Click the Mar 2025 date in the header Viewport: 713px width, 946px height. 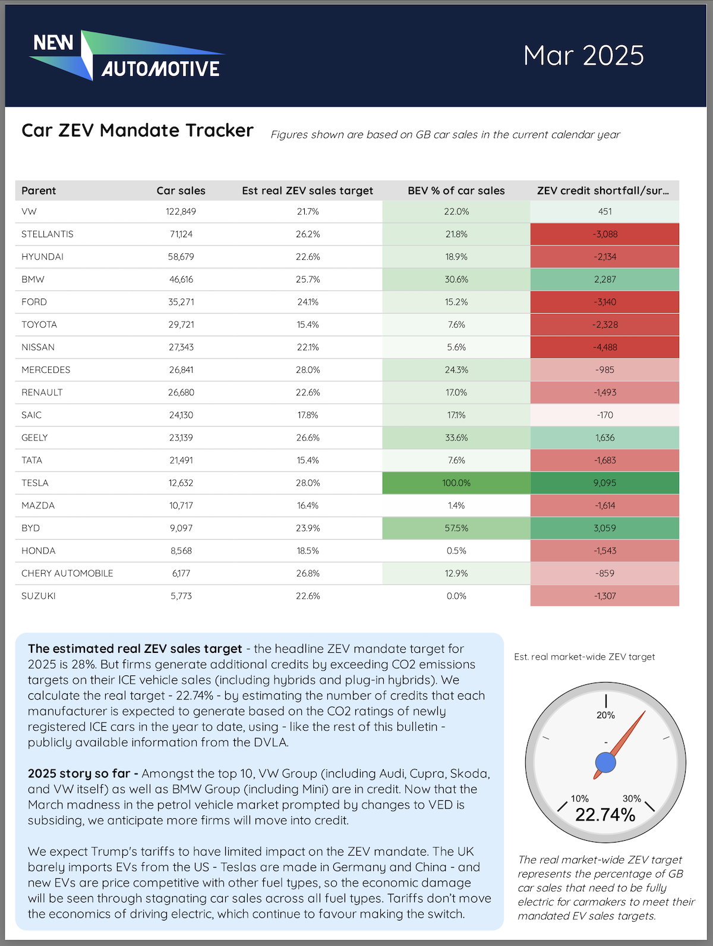tap(583, 55)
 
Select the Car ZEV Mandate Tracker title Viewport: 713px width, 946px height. tap(137, 130)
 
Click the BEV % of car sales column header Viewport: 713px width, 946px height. tap(456, 191)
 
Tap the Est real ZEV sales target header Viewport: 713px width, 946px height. tap(307, 191)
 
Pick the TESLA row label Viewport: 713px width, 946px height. tap(35, 483)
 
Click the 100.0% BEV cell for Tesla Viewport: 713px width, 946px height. tap(456, 483)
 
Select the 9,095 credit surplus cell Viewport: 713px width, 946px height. tap(604, 483)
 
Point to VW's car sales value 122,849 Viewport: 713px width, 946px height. tap(181, 212)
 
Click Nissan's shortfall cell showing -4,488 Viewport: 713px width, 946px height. tap(604, 347)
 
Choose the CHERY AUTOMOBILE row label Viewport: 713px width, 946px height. tap(67, 573)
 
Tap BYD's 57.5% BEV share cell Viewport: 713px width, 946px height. tap(456, 528)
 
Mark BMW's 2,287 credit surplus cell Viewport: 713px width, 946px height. tap(604, 279)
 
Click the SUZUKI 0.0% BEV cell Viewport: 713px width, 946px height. tap(456, 596)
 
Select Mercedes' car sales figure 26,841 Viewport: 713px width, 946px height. tap(181, 370)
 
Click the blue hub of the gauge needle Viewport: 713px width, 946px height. tap(605, 762)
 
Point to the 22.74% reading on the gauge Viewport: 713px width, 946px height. tap(605, 815)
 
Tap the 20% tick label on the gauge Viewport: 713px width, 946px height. tap(605, 715)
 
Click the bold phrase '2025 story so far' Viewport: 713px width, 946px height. tap(79, 774)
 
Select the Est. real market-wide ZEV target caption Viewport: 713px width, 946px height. tap(584, 657)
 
